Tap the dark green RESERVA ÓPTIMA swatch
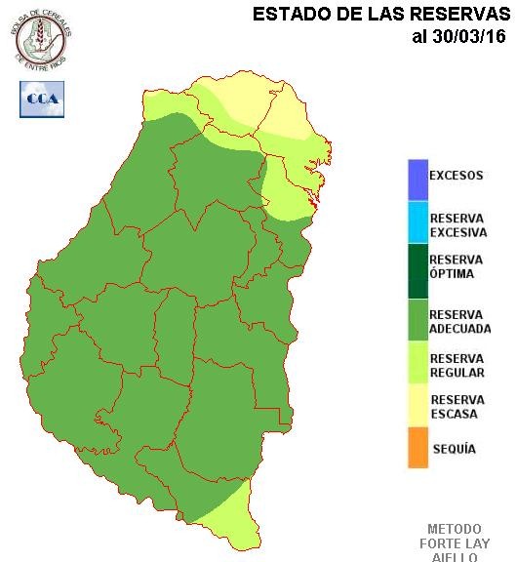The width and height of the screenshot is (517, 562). click(418, 265)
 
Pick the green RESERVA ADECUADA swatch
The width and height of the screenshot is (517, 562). click(418, 321)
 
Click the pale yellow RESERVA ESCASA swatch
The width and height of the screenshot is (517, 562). click(418, 406)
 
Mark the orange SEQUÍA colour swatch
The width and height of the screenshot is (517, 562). click(418, 448)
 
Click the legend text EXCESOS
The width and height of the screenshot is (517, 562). click(456, 177)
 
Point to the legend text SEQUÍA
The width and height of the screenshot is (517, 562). click(453, 449)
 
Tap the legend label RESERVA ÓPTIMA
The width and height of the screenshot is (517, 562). click(456, 266)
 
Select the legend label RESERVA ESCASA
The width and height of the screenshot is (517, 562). click(456, 407)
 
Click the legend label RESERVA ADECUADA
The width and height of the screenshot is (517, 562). click(459, 322)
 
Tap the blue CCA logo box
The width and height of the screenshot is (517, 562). click(42, 100)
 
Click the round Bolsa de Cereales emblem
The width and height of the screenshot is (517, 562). click(42, 38)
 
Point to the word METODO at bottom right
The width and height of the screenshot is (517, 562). click(455, 528)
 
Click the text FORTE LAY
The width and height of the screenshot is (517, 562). click(455, 542)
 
